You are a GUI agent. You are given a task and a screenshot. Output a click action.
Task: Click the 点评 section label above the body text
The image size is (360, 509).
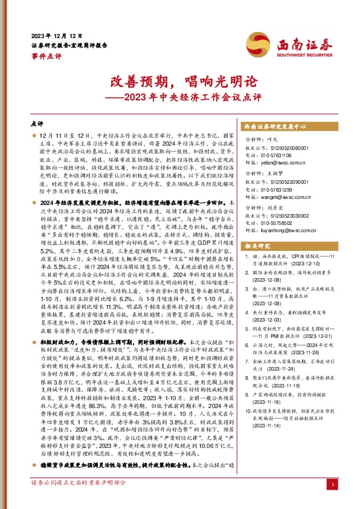point(37,123)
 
